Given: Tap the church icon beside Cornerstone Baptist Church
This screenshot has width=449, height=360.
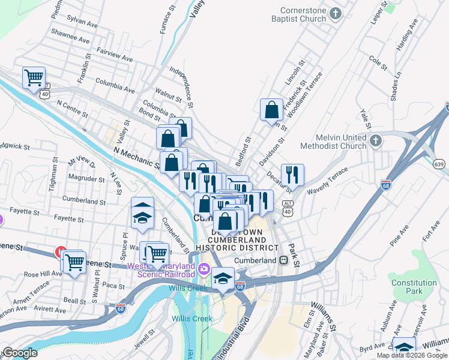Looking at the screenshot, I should point(337,13).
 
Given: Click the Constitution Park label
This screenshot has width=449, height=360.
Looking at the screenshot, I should point(414,287).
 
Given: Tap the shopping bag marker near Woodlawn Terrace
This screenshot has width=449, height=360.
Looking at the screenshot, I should point(271,110).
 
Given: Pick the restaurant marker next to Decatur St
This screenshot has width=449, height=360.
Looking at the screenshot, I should point(292,175).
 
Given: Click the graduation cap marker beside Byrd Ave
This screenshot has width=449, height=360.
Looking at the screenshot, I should point(403,347).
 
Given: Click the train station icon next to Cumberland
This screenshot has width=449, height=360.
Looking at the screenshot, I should point(283,260).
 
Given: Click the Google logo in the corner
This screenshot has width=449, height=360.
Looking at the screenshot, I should point(19,353).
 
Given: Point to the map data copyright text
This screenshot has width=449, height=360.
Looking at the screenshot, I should point(412,355).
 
